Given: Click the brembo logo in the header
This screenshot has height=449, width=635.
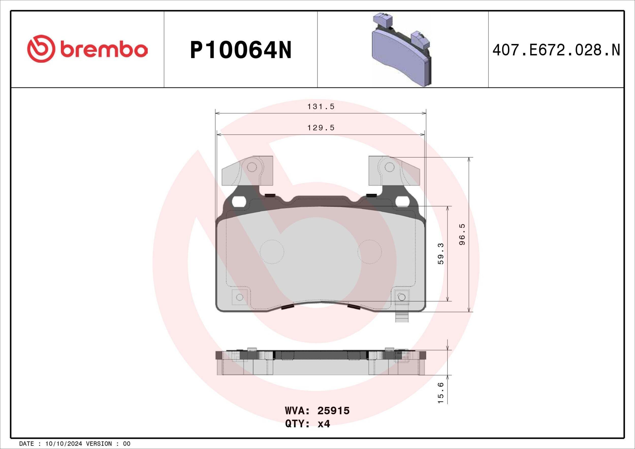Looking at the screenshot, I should click(x=87, y=49).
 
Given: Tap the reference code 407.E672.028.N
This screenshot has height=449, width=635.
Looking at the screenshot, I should click(x=556, y=50).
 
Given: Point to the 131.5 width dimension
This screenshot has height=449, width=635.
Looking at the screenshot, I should click(x=321, y=107).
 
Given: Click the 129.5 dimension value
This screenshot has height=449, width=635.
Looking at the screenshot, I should click(x=321, y=128).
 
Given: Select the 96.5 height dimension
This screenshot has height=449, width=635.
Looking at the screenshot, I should click(x=462, y=234).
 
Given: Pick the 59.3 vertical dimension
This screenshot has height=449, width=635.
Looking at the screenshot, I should click(x=441, y=253).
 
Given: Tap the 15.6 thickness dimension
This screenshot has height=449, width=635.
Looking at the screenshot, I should click(x=441, y=393).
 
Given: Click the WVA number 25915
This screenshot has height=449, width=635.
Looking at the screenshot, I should click(x=333, y=411).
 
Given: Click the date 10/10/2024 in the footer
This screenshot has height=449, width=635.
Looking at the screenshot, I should click(x=63, y=444).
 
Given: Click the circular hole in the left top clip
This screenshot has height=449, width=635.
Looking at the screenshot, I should click(x=252, y=167).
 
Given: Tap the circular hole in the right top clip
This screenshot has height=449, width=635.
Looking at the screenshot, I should click(x=389, y=167).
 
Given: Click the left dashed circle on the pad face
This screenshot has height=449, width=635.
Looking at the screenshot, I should click(x=272, y=252).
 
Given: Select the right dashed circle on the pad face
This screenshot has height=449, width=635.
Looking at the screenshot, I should click(x=370, y=252).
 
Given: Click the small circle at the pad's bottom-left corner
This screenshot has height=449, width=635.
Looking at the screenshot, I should click(x=240, y=297).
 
